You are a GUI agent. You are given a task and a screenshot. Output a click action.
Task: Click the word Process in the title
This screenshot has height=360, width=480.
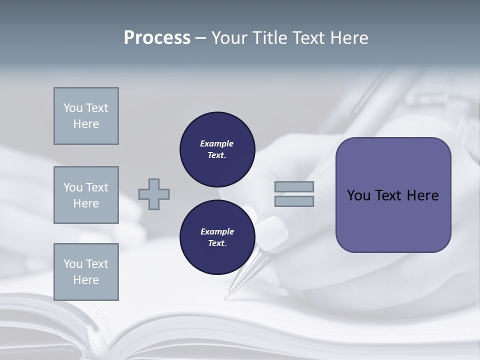pyautogui.click(x=157, y=38)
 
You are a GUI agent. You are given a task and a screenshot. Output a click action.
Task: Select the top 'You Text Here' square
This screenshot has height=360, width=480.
pyautogui.click(x=86, y=116)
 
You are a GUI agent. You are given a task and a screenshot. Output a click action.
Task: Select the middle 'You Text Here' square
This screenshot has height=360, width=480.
pyautogui.click(x=86, y=195)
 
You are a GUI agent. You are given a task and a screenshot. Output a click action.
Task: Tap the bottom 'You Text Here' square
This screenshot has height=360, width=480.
pyautogui.click(x=86, y=272)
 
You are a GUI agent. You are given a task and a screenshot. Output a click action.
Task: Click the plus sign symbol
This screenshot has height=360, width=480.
pyautogui.click(x=154, y=194)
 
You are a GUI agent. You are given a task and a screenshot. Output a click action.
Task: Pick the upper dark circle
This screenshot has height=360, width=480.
pyautogui.click(x=217, y=149)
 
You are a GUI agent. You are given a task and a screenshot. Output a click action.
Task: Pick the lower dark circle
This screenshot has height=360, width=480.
pyautogui.click(x=217, y=237)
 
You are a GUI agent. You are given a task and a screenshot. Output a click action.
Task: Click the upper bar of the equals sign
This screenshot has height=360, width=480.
pyautogui.click(x=294, y=187)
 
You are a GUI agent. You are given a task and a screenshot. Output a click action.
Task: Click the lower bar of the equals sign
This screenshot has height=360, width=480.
pyautogui.click(x=294, y=201)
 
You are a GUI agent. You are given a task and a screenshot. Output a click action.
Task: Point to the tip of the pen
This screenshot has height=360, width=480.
pyautogui.click(x=226, y=298)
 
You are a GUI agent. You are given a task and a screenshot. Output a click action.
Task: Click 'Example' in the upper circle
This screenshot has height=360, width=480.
pyautogui.click(x=217, y=143)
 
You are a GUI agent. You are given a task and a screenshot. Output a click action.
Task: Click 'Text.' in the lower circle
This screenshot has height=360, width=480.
pyautogui.click(x=217, y=243)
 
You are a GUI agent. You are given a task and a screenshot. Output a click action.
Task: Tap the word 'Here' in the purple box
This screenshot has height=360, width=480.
pyautogui.click(x=422, y=195)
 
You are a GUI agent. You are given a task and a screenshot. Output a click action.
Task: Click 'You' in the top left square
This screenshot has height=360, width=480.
pyautogui.click(x=73, y=108)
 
